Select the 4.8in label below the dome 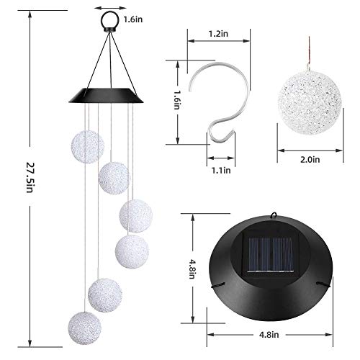(271, 334)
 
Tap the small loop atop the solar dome (275, 214)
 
